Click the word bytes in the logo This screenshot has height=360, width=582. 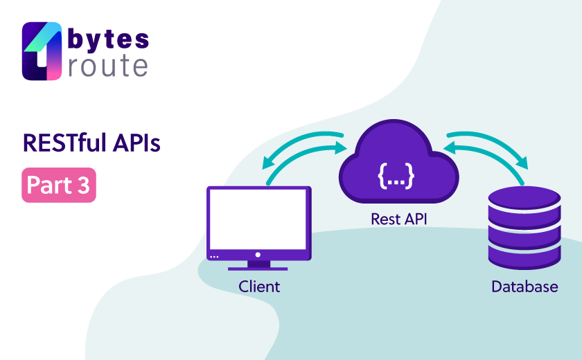pos(108,39)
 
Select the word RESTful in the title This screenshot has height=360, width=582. pos(63,144)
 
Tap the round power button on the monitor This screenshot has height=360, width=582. pos(258,255)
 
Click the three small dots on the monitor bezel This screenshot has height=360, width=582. pos(214,257)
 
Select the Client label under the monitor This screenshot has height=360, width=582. pos(259,287)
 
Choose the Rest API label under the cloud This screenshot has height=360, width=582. pos(398,219)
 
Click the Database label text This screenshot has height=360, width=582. pos(524,287)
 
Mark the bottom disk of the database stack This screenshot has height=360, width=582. pos(524,258)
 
